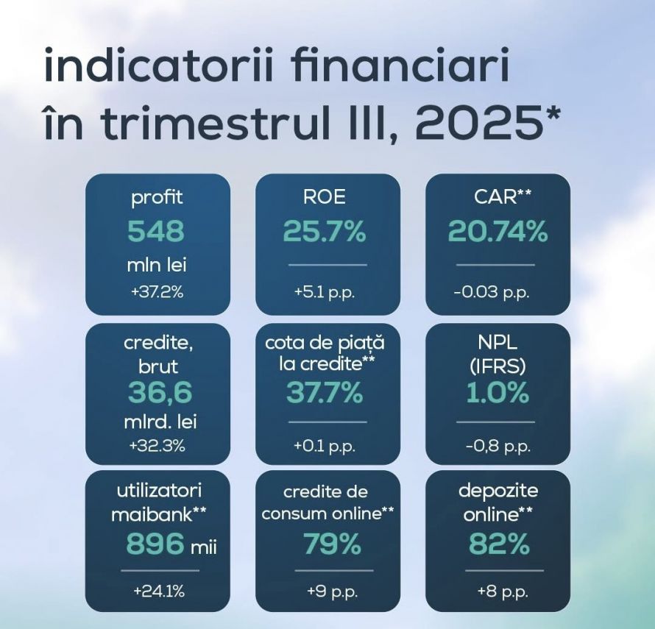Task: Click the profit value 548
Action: tap(156, 232)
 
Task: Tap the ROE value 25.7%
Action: tap(325, 232)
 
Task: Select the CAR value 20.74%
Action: tap(498, 232)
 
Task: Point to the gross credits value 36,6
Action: tap(160, 394)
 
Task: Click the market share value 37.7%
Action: tap(325, 394)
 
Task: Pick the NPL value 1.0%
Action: tap(498, 394)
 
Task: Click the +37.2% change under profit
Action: tap(157, 292)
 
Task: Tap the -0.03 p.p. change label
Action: tap(492, 292)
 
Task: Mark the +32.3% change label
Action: tap(157, 446)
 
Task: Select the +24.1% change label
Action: tap(159, 591)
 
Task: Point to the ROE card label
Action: tap(324, 197)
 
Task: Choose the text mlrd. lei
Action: tap(161, 423)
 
